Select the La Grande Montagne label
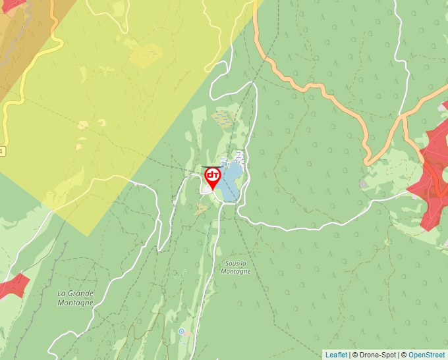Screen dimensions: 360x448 point(75,297)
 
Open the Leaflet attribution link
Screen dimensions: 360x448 point(336,355)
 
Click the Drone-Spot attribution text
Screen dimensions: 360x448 point(375,355)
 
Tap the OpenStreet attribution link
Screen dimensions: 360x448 point(427,355)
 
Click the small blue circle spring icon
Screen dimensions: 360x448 point(181,331)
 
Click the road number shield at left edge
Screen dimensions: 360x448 point(1,151)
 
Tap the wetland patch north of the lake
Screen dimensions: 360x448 point(223,118)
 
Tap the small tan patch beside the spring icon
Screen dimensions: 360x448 point(188,333)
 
